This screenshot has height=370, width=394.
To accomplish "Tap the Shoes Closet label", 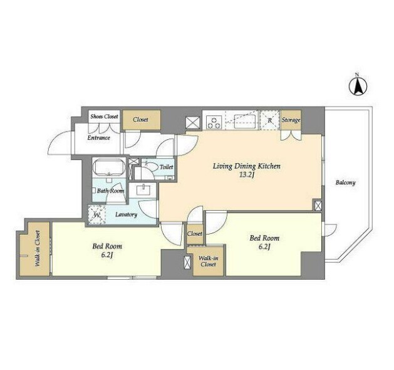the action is (x=104, y=117).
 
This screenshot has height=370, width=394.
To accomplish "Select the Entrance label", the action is (x=99, y=138).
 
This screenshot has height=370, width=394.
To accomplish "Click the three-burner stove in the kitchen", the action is (x=214, y=122).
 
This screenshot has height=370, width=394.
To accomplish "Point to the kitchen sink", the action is (x=245, y=120).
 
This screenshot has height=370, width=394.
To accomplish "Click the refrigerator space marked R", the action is (x=269, y=120).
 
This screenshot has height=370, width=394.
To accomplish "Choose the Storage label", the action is (x=291, y=120).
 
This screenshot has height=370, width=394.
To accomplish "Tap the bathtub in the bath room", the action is (x=109, y=167).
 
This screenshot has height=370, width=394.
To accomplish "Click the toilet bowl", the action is (x=150, y=167).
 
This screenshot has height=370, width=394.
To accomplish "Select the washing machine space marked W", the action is (x=97, y=214).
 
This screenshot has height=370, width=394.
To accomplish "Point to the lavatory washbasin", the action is (x=143, y=189).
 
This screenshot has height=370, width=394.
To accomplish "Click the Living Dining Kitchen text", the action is (x=247, y=166).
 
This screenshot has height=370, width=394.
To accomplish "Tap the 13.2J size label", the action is (x=246, y=175).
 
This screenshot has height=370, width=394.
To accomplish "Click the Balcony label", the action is (x=346, y=182).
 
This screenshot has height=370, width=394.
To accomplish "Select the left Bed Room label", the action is (x=107, y=246).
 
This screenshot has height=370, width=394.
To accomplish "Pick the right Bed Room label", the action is (x=264, y=238).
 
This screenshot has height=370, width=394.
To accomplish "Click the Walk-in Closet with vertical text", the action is (x=38, y=248).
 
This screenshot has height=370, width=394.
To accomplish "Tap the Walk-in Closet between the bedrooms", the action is (x=209, y=261).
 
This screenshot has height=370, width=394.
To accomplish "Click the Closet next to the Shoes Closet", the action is (x=140, y=120).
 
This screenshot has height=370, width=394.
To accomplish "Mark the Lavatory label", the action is (x=126, y=214).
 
